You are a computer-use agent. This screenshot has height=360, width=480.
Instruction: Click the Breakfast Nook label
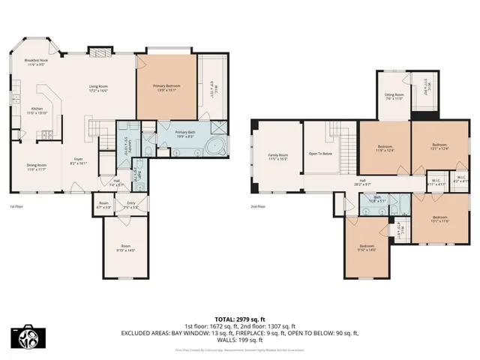click(x=35, y=62)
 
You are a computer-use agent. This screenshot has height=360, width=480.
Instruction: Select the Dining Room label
click(x=37, y=167)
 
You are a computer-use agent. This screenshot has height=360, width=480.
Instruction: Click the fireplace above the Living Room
click(x=100, y=52)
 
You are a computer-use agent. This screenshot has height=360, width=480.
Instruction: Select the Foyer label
click(x=79, y=160)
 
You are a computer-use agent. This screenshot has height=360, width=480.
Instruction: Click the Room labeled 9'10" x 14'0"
click(x=125, y=248)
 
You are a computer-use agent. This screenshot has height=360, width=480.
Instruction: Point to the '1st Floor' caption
click(x=17, y=206)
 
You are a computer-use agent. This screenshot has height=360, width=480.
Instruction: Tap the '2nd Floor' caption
click(x=259, y=206)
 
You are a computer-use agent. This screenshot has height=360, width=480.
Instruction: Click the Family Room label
click(x=278, y=157)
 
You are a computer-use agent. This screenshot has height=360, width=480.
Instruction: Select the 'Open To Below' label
click(x=320, y=153)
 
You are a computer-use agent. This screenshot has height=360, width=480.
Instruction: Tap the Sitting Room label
click(x=394, y=97)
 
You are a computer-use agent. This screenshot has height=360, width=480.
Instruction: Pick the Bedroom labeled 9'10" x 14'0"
click(x=367, y=248)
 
